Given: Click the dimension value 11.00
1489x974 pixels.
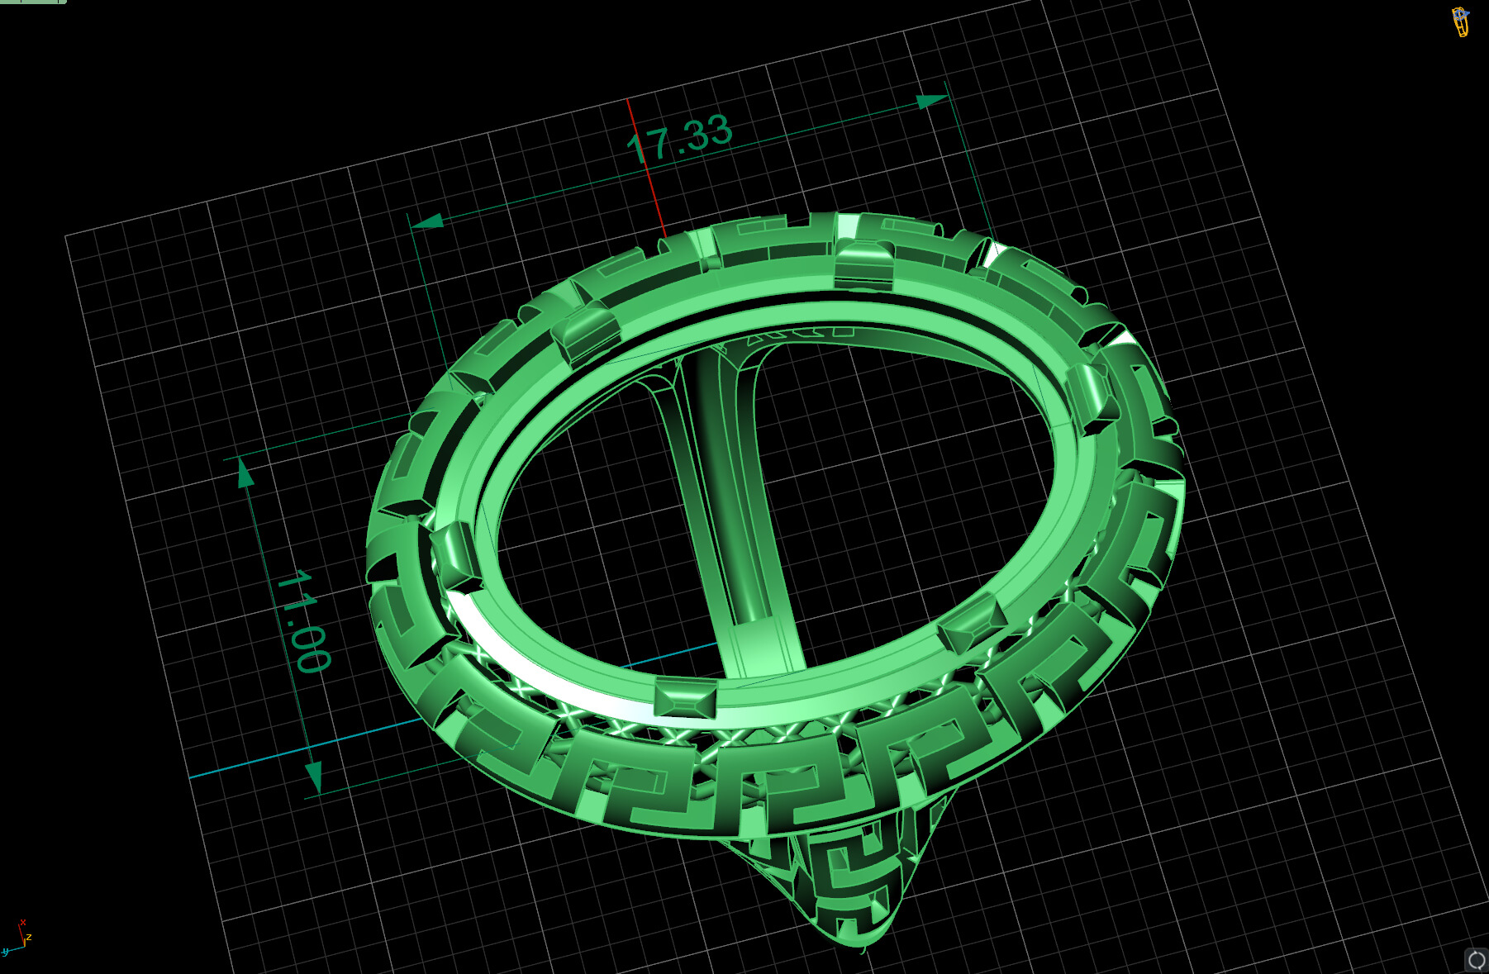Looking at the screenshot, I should pos(303,620).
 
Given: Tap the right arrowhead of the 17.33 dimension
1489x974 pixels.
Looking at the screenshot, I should pos(932,102).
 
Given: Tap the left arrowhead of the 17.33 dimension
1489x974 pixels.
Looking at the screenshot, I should pos(427,221).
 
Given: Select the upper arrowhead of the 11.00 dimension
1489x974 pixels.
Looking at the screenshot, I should pos(245,474).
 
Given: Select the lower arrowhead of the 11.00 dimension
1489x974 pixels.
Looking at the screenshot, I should pos(314,776).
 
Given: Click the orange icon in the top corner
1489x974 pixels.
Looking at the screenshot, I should pos(1461,21).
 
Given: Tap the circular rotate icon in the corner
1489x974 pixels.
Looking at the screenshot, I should pos(1476,960).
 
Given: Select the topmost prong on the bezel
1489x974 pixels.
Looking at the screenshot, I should pos(863,264).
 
